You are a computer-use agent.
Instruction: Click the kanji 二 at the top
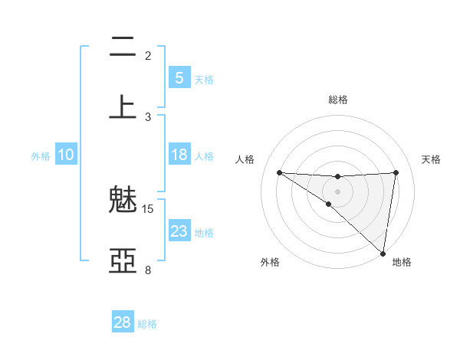[122, 47]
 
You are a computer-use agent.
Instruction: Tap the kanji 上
[122, 106]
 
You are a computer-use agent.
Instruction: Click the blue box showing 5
[179, 77]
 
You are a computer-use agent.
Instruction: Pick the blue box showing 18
[179, 155]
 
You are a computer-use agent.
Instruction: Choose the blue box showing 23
[179, 231]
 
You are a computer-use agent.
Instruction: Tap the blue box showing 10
[66, 155]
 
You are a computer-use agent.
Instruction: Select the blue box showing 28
[123, 322]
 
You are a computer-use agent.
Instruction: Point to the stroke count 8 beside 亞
[148, 270]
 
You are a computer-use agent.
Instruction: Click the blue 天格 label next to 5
[204, 79]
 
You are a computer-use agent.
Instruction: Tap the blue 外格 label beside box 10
[41, 156]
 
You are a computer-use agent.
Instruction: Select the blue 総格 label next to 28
[147, 324]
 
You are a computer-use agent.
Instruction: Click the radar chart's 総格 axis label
[338, 100]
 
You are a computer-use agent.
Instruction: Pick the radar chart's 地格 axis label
[402, 262]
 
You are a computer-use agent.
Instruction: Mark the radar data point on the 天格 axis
[396, 172]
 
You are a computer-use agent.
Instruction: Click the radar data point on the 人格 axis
[279, 172]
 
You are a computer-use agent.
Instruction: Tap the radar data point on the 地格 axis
[383, 253]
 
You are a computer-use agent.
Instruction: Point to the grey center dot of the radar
[337, 191]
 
